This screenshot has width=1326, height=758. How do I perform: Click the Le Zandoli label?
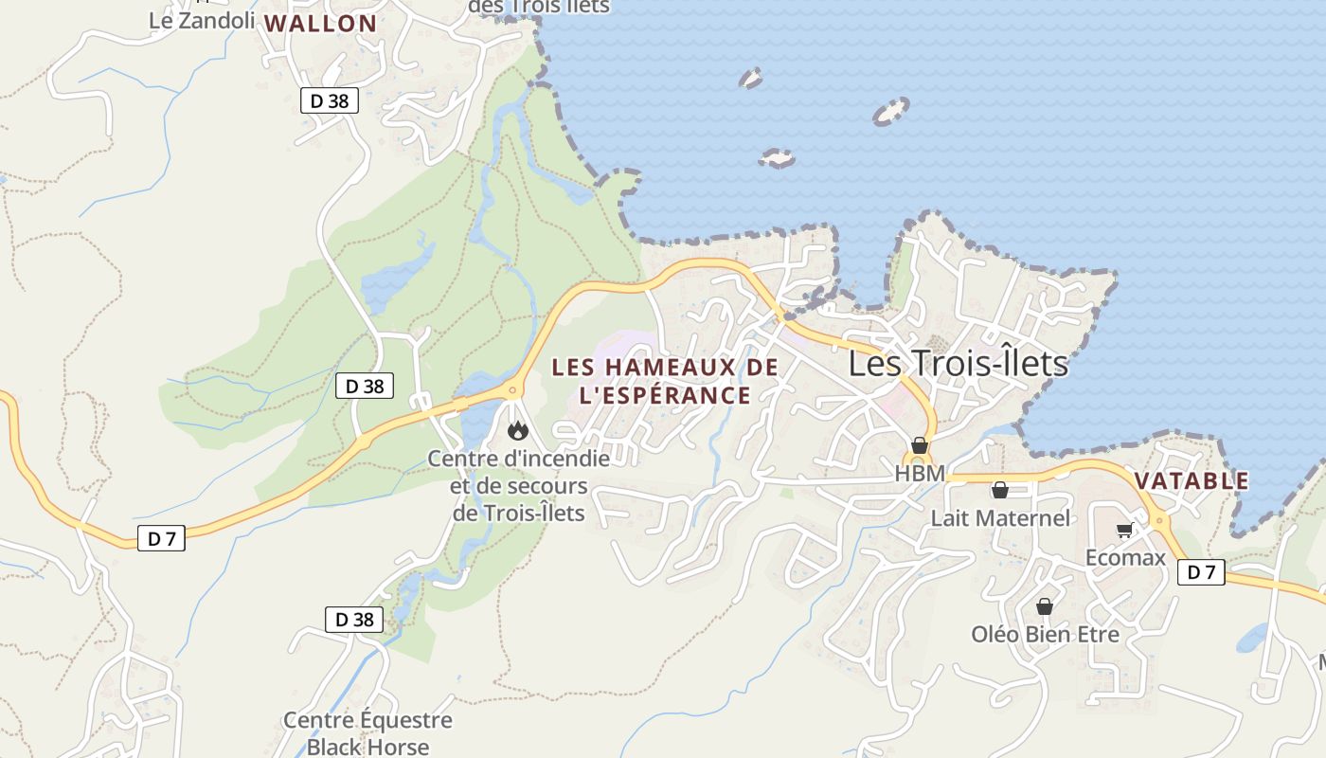tap(202, 20)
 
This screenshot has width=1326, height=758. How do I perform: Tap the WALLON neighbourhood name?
tap(320, 24)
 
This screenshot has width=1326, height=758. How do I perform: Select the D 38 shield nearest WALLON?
tap(330, 100)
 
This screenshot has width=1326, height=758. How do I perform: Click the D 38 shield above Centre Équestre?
tap(354, 620)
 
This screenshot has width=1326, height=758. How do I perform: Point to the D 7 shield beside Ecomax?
tap(1201, 571)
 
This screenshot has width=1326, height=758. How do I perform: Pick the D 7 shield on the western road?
tap(161, 538)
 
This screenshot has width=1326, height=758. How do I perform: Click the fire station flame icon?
tap(517, 431)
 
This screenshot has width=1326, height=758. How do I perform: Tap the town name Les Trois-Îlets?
tap(958, 364)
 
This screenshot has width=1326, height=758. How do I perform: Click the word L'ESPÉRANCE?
tap(664, 395)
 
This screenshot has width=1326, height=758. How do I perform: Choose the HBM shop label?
tap(920, 473)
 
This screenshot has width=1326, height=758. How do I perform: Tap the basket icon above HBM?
tap(919, 445)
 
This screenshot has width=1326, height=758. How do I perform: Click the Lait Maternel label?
tap(1000, 517)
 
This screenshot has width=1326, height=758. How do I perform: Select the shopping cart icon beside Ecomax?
tap(1124, 531)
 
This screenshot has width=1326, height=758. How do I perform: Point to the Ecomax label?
tap(1125, 557)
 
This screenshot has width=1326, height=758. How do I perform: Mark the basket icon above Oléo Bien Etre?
tap(1045, 606)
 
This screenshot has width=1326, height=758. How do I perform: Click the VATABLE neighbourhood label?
tap(1192, 481)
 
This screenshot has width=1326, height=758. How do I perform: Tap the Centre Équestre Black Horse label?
tap(367, 733)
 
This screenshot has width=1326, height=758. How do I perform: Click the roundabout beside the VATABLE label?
tap(1160, 520)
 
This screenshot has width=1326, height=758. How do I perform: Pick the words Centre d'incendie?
tap(519, 459)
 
